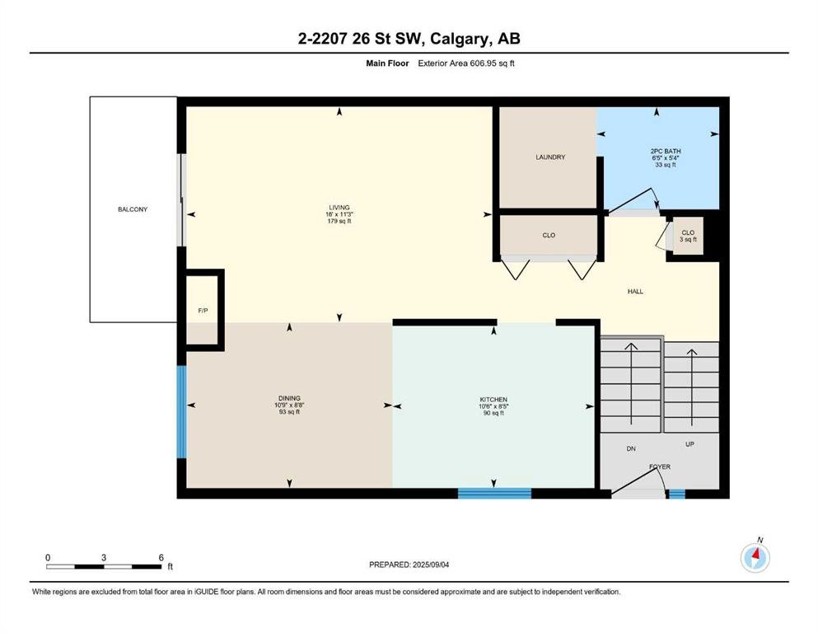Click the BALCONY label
pos(133,209)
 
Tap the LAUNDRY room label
pos(550,157)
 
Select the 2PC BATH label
pos(666,152)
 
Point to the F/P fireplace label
pos(203,311)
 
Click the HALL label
pos(635,292)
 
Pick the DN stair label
pos(631,449)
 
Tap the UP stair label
pos(689,444)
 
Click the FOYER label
pos(660,467)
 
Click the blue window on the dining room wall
pos(181,412)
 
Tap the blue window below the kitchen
pos(494,493)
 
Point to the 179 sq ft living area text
pos(339,221)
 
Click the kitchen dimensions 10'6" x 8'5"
pos(493,406)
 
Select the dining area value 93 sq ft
pos(289,412)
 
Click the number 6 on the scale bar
pos(161,557)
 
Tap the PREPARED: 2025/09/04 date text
pos(409,565)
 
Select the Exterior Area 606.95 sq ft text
pos(466,63)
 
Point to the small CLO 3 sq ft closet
pos(688,236)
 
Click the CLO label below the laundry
pos(549,236)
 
